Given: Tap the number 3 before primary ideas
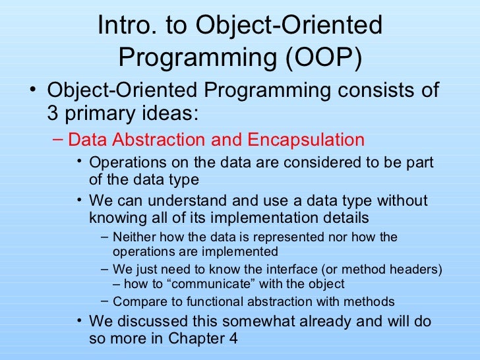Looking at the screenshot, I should tap(53, 113).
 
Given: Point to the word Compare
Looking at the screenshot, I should tap(137, 302).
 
